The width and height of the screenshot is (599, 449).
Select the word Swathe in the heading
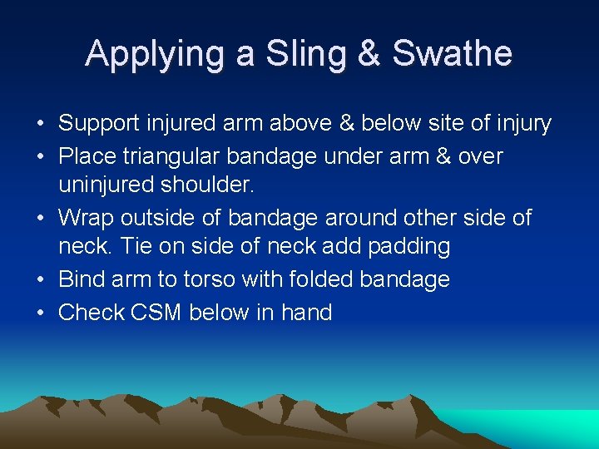point(452,55)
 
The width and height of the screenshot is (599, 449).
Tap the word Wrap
point(87,218)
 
